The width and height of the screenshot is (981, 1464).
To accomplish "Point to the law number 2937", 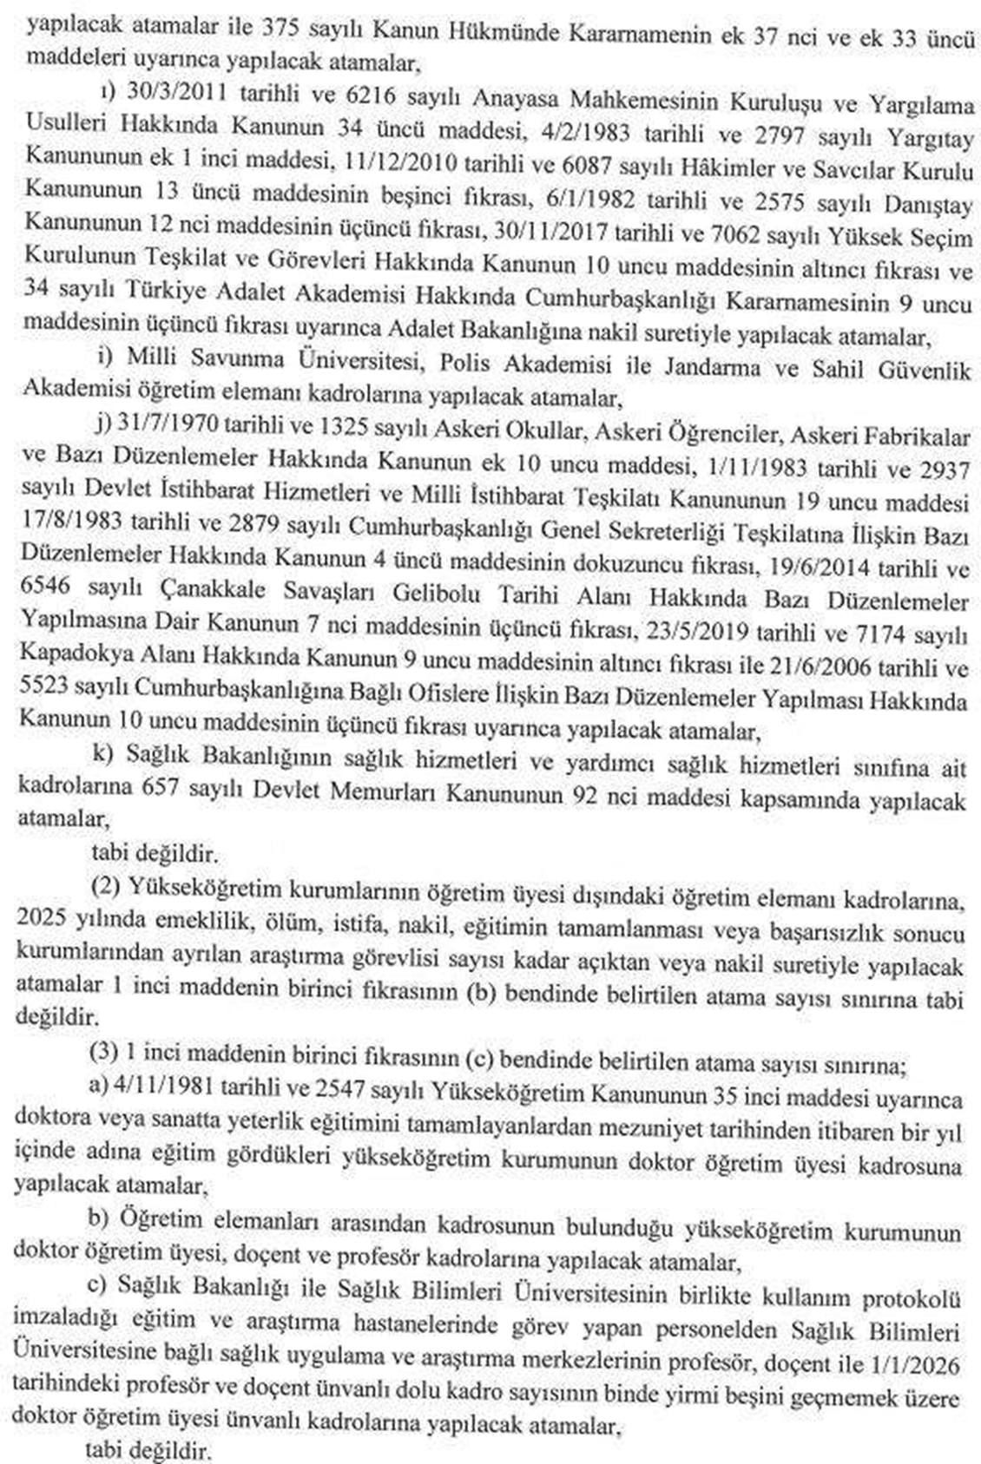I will click(x=942, y=469).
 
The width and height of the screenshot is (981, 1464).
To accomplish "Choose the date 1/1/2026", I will click(x=926, y=1362).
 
